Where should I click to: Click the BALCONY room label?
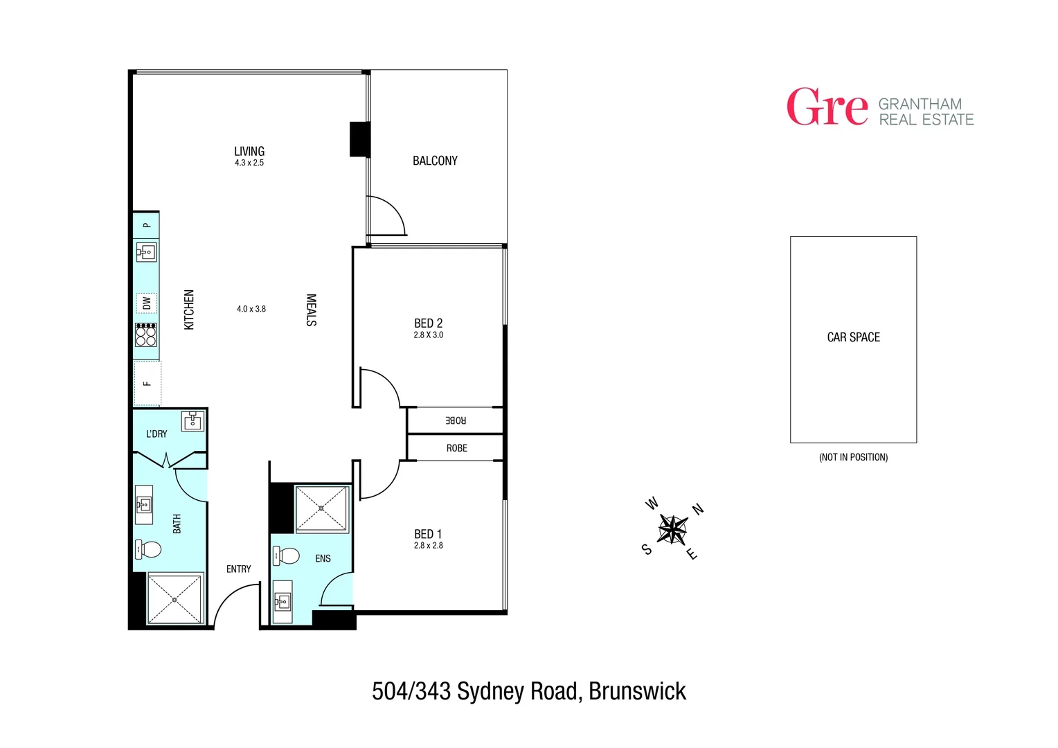tap(435, 161)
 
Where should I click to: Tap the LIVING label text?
tap(249, 151)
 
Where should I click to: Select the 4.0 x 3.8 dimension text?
tap(251, 309)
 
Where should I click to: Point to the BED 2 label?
tap(428, 323)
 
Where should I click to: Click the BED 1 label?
tap(428, 534)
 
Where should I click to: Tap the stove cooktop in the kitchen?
tap(146, 335)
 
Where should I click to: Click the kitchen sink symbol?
tap(146, 251)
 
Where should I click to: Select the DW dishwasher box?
tap(147, 303)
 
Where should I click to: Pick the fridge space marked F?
tap(147, 383)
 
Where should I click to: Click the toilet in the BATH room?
tap(148, 549)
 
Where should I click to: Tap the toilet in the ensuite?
tap(286, 555)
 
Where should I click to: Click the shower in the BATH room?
tap(175, 599)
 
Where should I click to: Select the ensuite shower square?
tap(322, 509)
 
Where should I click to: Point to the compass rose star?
tap(672, 530)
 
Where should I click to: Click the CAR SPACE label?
tap(853, 337)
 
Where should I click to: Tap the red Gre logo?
tap(827, 107)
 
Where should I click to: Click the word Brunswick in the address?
tap(637, 691)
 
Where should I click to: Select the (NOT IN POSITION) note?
tap(853, 457)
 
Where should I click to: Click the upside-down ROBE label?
tap(456, 420)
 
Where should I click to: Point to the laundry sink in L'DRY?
tap(192, 420)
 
